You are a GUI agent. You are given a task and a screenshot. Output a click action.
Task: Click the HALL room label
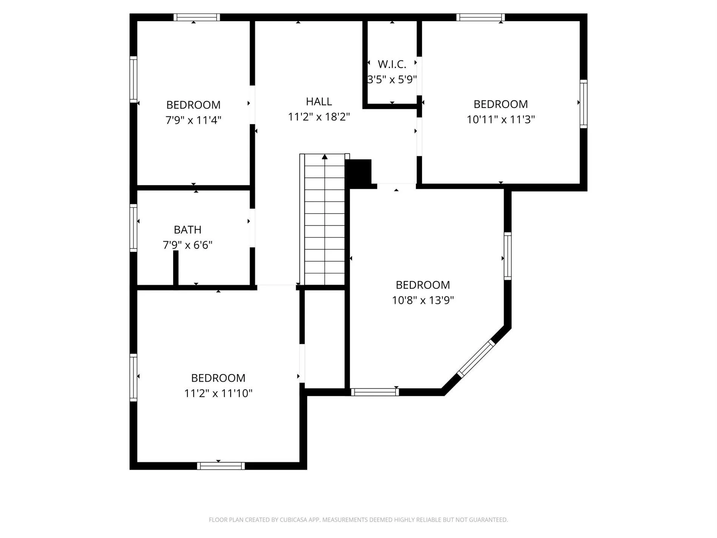pos(319,102)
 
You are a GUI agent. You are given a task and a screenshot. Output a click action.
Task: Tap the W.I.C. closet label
pos(392,65)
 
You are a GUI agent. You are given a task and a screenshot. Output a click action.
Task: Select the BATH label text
pos(188,230)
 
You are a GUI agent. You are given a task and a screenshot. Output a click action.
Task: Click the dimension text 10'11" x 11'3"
pos(501,119)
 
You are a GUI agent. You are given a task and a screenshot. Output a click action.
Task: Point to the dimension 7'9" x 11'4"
pos(193,120)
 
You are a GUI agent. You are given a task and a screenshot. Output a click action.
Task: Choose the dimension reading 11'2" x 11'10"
pos(218,393)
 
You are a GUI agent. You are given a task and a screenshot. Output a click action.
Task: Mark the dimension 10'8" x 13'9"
pos(423,300)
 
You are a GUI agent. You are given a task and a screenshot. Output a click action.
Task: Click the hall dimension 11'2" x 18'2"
pos(319,117)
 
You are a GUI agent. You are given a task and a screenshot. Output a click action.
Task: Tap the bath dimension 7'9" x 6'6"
pos(188,245)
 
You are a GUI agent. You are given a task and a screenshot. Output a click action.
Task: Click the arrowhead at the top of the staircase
pos(325,157)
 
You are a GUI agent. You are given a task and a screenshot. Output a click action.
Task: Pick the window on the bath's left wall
pos(133,228)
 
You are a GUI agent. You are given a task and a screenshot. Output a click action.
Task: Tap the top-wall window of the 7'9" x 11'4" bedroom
pos(197,17)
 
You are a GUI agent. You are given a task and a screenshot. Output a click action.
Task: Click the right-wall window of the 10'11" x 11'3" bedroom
pos(583,104)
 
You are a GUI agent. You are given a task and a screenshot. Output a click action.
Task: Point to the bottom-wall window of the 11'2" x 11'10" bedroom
pos(221,466)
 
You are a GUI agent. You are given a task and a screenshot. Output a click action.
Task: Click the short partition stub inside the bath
pos(175,268)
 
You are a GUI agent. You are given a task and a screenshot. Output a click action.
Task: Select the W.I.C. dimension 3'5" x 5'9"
pos(392,80)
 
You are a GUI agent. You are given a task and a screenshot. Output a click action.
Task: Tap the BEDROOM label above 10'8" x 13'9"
pos(423,285)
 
